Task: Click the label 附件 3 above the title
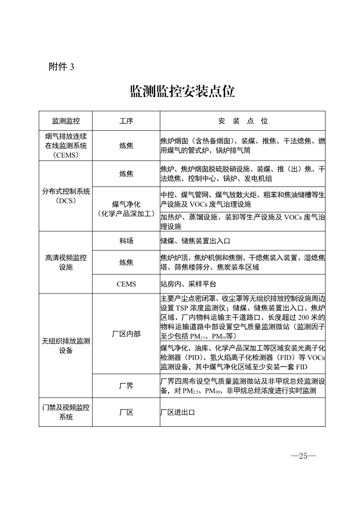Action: click(62, 67)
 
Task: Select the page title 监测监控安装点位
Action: click(182, 91)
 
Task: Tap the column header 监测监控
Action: click(66, 121)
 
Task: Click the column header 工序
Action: click(126, 121)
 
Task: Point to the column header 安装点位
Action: click(243, 121)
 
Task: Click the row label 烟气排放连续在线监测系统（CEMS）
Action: click(66, 145)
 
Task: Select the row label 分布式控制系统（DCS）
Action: click(66, 196)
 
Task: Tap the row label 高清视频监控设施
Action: click(66, 262)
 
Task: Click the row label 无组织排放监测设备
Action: click(66, 346)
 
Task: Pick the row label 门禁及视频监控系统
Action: click(66, 412)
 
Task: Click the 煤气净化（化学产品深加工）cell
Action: click(126, 209)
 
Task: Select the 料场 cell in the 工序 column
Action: click(126, 241)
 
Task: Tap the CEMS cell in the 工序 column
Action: click(126, 284)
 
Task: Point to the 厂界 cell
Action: click(126, 386)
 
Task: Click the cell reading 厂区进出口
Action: click(177, 412)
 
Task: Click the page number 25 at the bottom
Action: click(303, 456)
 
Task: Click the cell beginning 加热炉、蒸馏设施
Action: click(242, 222)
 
